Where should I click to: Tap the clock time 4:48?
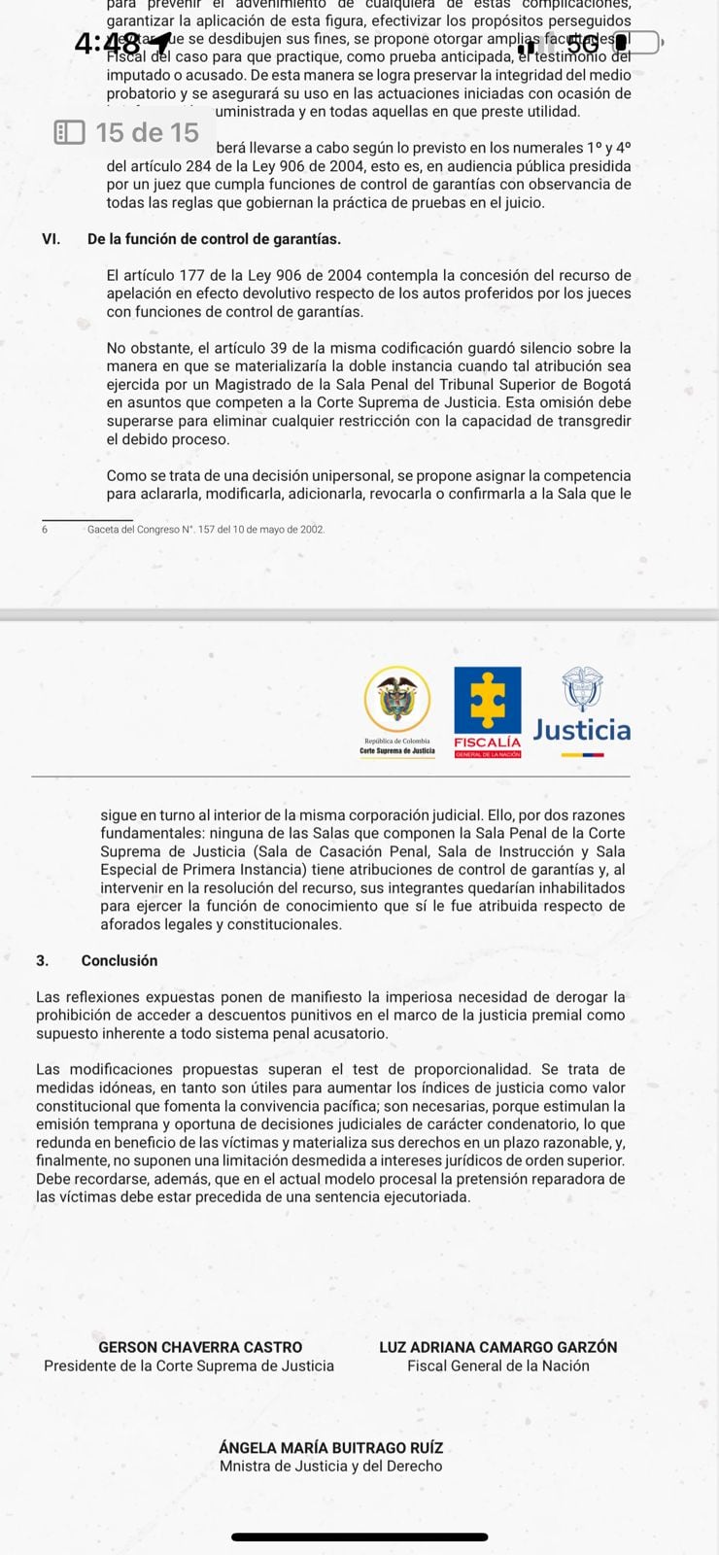[x=107, y=45]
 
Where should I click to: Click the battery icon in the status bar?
[x=635, y=43]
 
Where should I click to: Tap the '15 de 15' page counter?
[x=147, y=132]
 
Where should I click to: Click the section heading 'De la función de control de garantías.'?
[x=214, y=239]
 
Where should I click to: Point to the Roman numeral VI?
[x=51, y=239]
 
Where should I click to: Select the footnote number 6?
[x=45, y=530]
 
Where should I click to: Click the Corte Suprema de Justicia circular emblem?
[x=396, y=700]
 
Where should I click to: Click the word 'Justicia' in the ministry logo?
[x=582, y=730]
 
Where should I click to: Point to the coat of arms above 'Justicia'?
[x=582, y=689]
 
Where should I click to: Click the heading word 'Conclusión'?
[x=120, y=960]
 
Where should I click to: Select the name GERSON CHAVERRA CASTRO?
[x=200, y=1347]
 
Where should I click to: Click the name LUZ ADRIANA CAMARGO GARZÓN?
[x=498, y=1347]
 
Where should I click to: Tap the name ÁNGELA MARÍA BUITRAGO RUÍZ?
[x=331, y=1447]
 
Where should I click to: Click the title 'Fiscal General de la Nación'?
[x=498, y=1365]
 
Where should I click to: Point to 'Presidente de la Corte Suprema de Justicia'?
[x=188, y=1365]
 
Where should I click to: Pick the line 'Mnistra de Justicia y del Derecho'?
[x=331, y=1466]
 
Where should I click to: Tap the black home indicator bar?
[x=359, y=1537]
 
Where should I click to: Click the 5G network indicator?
[x=583, y=44]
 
